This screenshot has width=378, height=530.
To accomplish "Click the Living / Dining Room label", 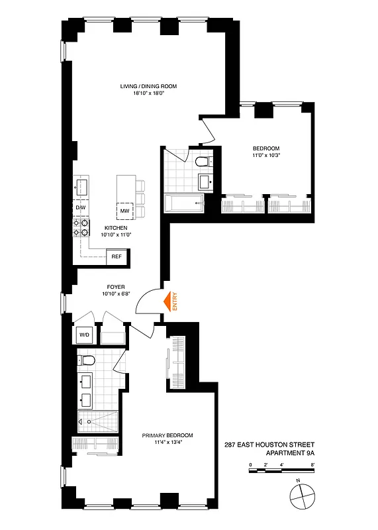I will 148,86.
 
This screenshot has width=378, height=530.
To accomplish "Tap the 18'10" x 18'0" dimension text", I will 148,93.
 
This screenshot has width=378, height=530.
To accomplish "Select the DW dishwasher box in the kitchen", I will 81,208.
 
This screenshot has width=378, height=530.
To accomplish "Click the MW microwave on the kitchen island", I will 124,211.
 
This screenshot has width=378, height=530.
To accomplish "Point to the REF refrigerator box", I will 117,256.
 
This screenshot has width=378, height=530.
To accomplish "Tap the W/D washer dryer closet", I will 85,335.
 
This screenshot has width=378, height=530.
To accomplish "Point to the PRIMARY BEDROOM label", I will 167,435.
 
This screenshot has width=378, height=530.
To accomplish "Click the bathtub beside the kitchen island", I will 185,203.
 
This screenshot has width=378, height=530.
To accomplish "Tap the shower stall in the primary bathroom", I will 98,420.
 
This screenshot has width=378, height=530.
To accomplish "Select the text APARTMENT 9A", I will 290,452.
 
